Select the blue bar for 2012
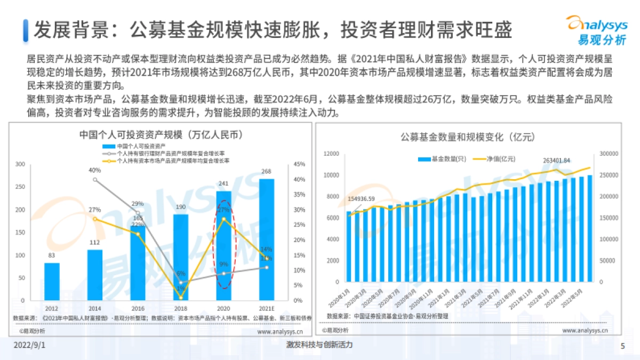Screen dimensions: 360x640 52,282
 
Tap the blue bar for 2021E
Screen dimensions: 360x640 267,240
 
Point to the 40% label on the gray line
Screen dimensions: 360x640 95,171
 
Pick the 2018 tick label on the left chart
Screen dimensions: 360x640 181,309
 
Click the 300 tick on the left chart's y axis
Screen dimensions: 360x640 20,164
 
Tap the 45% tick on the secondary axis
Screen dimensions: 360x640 299,164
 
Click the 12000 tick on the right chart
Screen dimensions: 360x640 331,154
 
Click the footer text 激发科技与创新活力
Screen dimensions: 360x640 319,345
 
